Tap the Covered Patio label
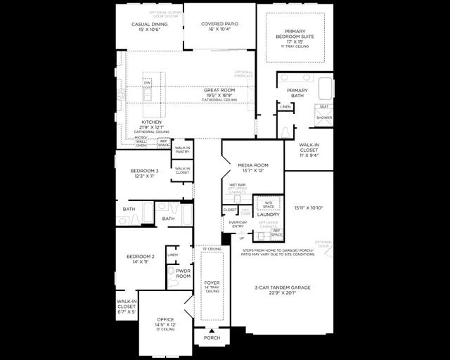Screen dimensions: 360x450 [x=219, y=24]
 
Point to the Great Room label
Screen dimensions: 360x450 [x=219, y=91]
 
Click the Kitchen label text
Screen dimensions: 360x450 [x=152, y=122]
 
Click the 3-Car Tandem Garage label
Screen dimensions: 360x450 [x=282, y=288]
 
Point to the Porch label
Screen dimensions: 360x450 [x=212, y=338]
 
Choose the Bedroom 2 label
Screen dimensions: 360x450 [x=141, y=257]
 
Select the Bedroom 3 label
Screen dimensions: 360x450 [x=144, y=171]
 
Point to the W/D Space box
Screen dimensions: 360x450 [x=268, y=204]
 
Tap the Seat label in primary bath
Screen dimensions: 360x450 [x=324, y=107]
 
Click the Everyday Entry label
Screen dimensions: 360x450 [x=238, y=224]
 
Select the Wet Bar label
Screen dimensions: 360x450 [x=237, y=185]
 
